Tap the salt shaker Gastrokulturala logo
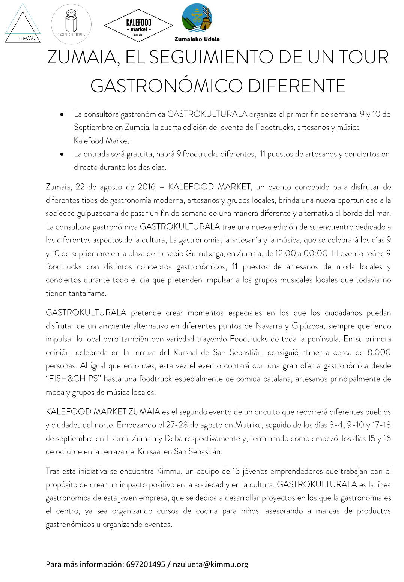tap(71, 23)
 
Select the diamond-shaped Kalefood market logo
tap(138, 26)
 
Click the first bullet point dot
tap(62, 114)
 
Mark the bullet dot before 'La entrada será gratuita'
tap(62, 154)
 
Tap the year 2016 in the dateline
tap(146, 187)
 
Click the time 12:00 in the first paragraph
tap(285, 253)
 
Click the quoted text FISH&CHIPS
tap(74, 379)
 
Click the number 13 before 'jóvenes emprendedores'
tap(236, 471)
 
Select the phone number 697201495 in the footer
tap(146, 564)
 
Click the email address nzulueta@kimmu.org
tap(210, 564)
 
